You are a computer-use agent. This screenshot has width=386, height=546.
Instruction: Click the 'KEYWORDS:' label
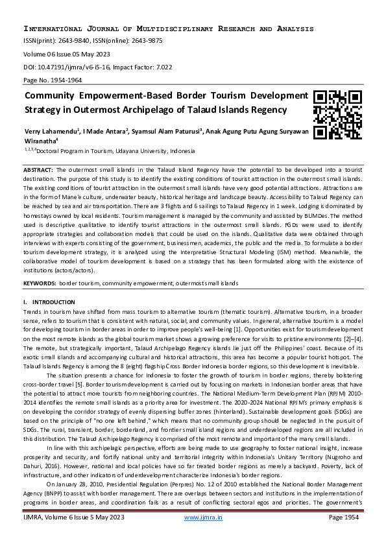[x=40, y=284]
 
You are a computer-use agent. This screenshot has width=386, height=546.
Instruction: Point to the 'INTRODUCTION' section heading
[x=53, y=302]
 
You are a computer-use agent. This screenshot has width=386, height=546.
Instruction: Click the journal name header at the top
[x=169, y=29]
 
